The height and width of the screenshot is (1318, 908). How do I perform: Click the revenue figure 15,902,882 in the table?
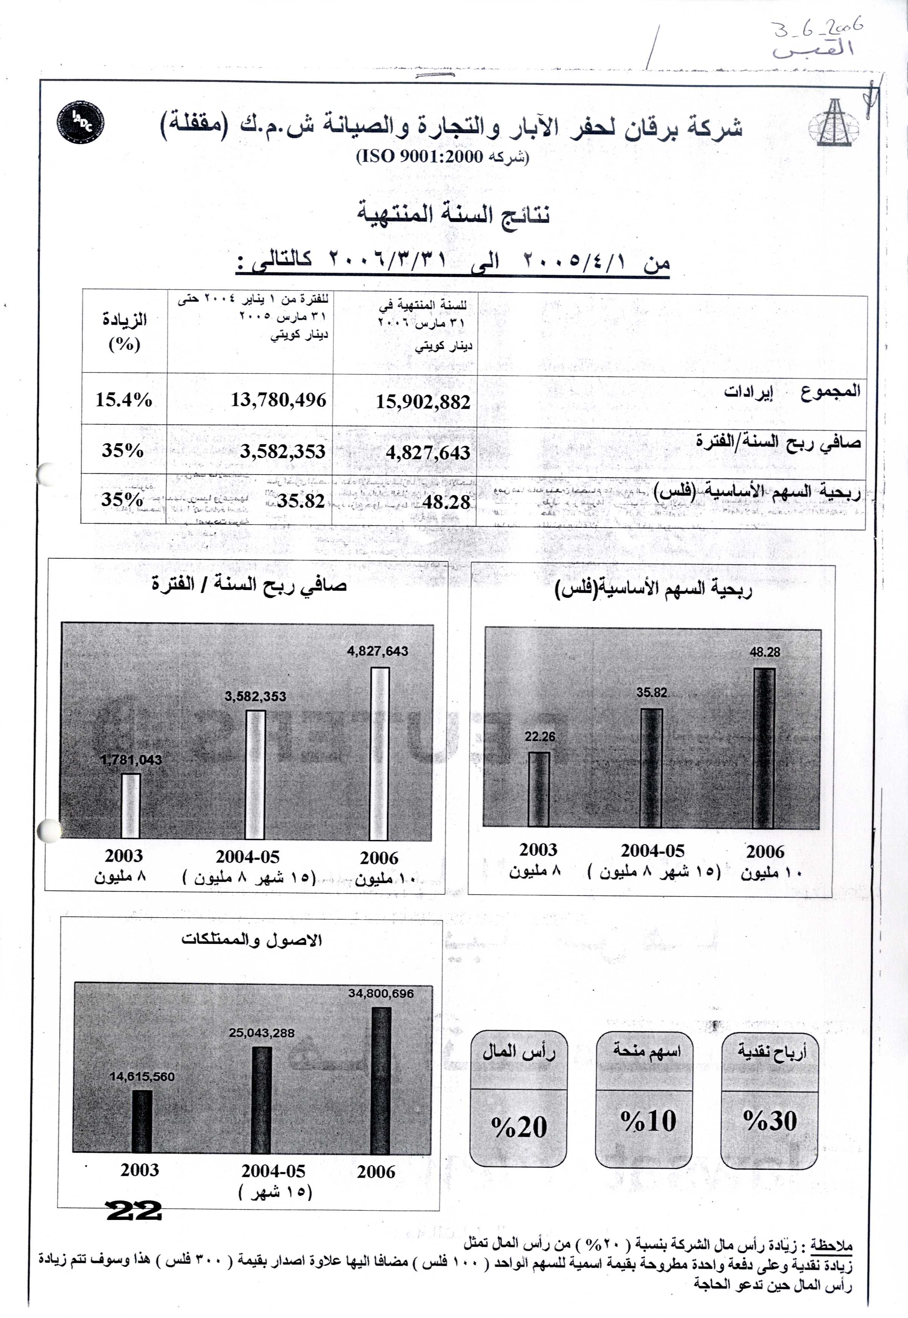click(x=423, y=402)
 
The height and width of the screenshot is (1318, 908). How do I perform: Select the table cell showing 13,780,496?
click(x=278, y=400)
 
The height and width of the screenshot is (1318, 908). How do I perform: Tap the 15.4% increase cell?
click(x=123, y=399)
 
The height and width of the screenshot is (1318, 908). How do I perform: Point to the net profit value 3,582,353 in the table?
click(x=282, y=452)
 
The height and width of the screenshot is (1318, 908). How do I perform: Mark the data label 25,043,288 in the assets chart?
click(x=262, y=1032)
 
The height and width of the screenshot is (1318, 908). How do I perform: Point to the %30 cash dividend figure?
click(x=770, y=1121)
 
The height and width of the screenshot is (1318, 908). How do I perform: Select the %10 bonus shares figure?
click(x=648, y=1121)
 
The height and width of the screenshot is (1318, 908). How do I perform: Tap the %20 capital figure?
click(x=519, y=1127)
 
